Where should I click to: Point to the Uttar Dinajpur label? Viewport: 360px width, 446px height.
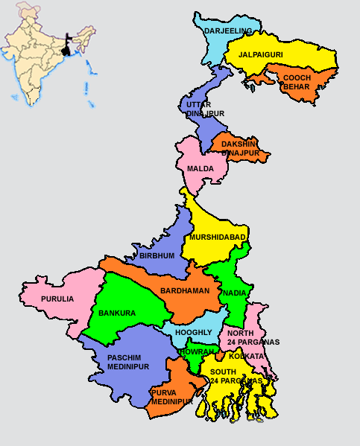coord(203,109)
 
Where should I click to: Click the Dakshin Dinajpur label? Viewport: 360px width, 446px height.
coord(240,148)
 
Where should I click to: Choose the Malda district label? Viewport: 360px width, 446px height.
coord(200,169)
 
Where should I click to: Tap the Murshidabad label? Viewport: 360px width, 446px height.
coord(218,238)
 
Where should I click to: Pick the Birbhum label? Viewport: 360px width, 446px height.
coord(157,255)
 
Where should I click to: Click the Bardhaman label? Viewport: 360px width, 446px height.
coord(185,291)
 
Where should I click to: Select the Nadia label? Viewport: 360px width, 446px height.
coord(234,293)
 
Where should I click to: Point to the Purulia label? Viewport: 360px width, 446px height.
coord(57,299)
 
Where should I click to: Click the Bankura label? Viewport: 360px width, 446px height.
coord(117,313)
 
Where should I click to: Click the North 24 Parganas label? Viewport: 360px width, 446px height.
coord(253,337)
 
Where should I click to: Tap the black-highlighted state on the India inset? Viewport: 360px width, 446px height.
coord(69,48)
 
